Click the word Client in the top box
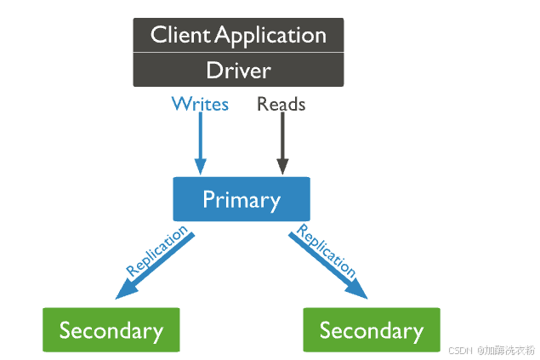click(179, 35)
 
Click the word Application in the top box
click(270, 35)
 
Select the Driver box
click(238, 70)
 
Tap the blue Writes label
click(200, 105)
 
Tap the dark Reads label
click(281, 105)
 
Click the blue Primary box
click(241, 200)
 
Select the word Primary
click(241, 200)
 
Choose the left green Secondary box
click(111, 330)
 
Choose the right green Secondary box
click(372, 330)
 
